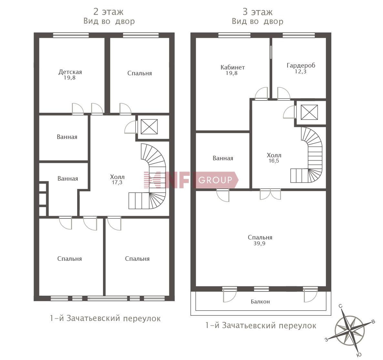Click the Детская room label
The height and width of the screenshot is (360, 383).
(70, 72)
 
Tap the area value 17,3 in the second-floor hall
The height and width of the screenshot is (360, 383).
(117, 182)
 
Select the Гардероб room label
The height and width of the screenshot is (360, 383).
(301, 66)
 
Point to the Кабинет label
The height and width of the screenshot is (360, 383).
(233, 67)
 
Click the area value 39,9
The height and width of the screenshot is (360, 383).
(259, 243)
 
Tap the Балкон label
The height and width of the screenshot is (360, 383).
(260, 302)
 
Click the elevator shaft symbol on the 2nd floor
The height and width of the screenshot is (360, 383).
(149, 127)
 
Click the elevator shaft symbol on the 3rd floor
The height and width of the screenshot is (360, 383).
(309, 112)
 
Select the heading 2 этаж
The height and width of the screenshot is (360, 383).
(109, 12)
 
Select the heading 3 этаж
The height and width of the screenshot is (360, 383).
(257, 12)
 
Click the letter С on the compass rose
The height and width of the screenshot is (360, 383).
(340, 306)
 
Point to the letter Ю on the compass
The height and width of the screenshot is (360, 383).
(359, 355)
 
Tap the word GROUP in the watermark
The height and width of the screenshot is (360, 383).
(215, 180)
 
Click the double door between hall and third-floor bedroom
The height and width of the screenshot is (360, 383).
(270, 194)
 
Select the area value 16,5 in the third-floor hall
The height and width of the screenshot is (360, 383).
(274, 161)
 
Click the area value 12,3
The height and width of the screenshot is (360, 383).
(300, 71)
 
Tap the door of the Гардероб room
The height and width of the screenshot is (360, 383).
(284, 94)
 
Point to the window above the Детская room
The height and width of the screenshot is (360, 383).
(71, 35)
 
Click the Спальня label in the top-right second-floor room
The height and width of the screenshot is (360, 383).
(140, 73)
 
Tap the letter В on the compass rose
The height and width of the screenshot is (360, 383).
(373, 322)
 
